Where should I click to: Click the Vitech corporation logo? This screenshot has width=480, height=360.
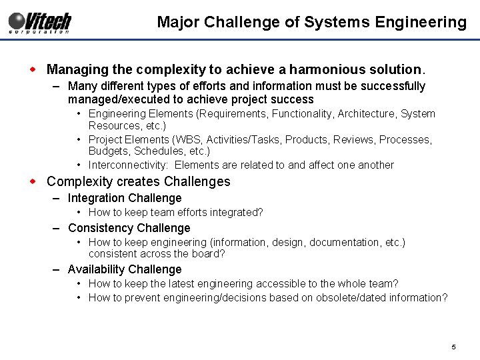[x=40, y=23]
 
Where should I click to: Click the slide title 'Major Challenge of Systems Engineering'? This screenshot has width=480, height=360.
[x=311, y=23]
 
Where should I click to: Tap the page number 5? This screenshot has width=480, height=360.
[x=453, y=347]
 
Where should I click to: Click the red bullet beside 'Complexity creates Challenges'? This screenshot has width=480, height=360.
[x=38, y=181]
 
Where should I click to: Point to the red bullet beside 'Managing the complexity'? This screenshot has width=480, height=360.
[x=38, y=69]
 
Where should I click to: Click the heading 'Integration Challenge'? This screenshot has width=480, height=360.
[x=125, y=198]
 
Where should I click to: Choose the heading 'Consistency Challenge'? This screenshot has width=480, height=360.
[x=129, y=228]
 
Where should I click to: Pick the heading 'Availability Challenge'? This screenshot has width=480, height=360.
[x=125, y=269]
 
